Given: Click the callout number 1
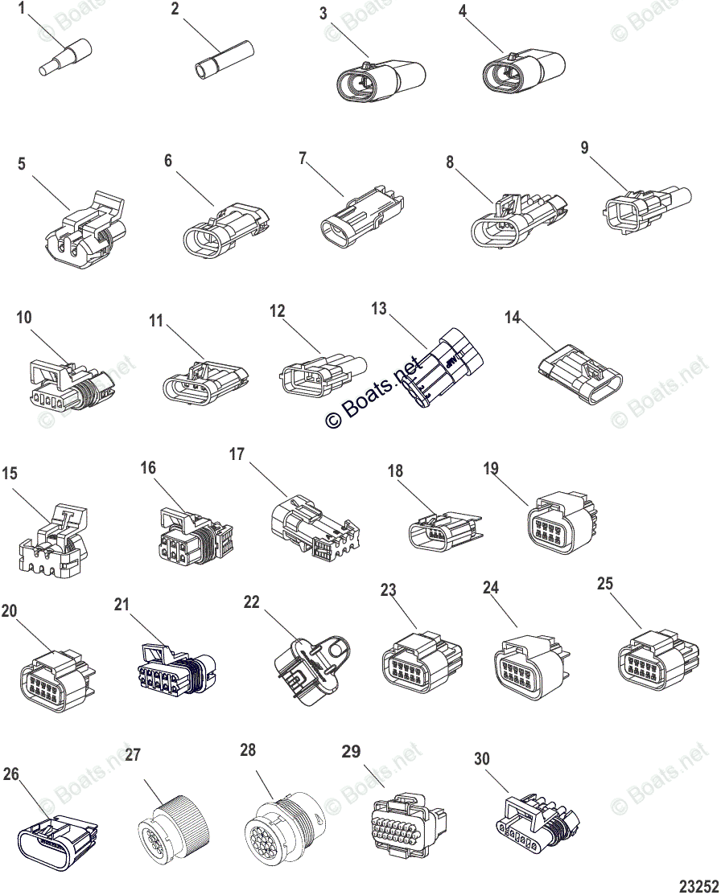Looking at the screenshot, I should pos(22,9).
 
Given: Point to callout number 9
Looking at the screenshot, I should pos(584,148).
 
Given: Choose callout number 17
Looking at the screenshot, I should pos(237,454).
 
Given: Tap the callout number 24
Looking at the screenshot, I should pos(491,588).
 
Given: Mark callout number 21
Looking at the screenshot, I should pos(122,605).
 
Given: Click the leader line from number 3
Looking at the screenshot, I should pos(346,35).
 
